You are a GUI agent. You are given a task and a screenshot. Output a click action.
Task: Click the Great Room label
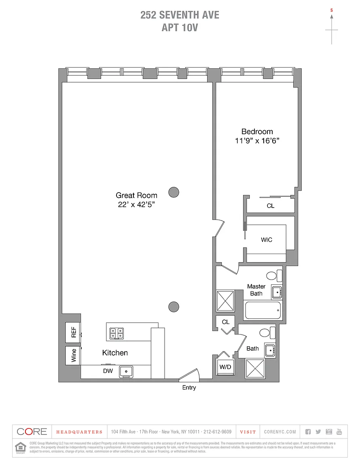pyautogui.click(x=136, y=195)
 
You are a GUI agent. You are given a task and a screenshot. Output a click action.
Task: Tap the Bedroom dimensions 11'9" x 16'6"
pyautogui.click(x=257, y=141)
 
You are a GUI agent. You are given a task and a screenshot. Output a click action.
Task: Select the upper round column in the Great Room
pyautogui.click(x=174, y=192)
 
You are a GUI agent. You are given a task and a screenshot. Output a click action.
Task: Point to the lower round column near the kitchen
pyautogui.click(x=174, y=307)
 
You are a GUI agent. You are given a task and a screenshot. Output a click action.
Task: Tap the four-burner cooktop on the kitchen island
pyautogui.click(x=117, y=333)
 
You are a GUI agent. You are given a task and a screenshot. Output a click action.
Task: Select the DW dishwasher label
pyautogui.click(x=108, y=371)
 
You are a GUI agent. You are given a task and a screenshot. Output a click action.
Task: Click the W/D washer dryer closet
pyautogui.click(x=225, y=366)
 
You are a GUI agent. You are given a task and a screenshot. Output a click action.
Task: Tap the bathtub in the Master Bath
pyautogui.click(x=263, y=311)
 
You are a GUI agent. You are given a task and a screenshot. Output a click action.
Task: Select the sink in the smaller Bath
pyautogui.click(x=270, y=350)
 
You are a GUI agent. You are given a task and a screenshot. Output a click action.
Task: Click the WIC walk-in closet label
pyautogui.click(x=266, y=240)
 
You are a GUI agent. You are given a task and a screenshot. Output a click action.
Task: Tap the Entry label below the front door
pyautogui.click(x=189, y=388)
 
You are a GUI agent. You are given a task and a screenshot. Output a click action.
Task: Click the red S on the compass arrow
pyautogui.click(x=332, y=10)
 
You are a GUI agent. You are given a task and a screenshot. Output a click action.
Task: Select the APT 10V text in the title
pyautogui.click(x=180, y=28)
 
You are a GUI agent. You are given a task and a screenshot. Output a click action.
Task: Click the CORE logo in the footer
pyautogui.click(x=32, y=432)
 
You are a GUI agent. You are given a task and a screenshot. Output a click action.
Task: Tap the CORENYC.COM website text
pyautogui.click(x=280, y=432)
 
